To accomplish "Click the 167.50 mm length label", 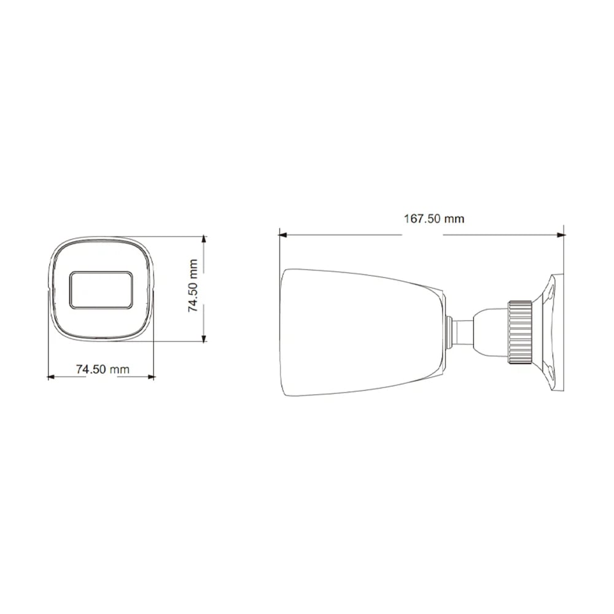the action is pos(434,219).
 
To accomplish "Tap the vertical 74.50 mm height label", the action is pos(193,286).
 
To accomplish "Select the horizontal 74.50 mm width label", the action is pos(103,369).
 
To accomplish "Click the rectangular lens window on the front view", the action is pos(101,290).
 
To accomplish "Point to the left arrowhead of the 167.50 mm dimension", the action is pos(282,235).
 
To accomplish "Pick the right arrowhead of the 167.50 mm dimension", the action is pos(562,235).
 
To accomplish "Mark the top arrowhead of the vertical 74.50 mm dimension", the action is pos(204,239).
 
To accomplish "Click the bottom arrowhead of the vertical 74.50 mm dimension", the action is pos(204,338).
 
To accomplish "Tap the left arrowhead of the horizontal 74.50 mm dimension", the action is pos(51,377).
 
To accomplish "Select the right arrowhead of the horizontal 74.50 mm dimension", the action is pos(151,377).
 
